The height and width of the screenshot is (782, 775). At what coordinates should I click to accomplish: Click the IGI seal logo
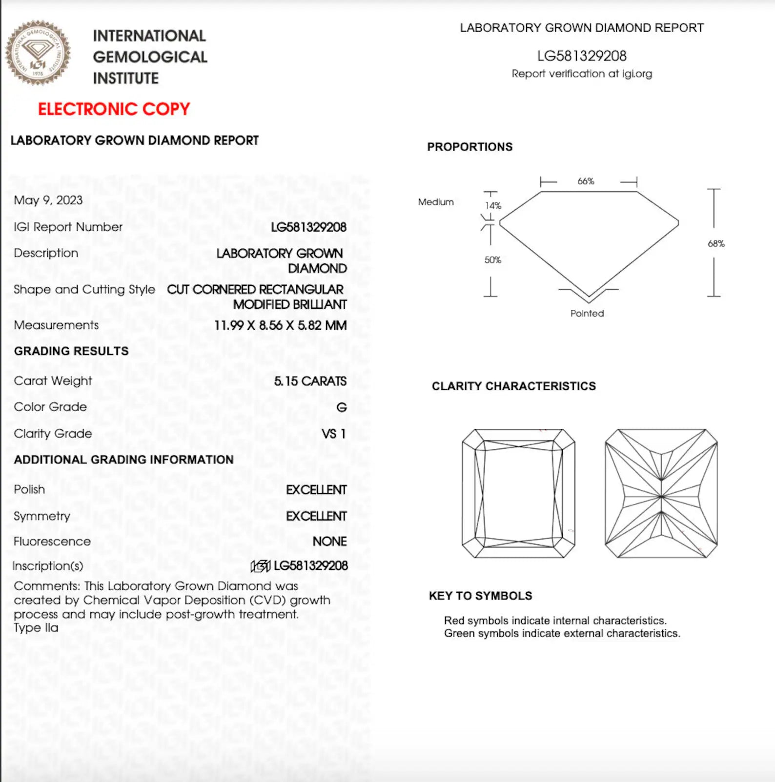38,53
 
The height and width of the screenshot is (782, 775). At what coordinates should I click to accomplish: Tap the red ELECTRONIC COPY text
114,109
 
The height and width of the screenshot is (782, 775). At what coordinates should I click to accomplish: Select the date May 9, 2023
48,200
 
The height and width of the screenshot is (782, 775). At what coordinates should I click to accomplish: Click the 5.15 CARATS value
310,381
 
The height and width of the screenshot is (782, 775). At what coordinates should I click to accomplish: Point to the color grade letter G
341,407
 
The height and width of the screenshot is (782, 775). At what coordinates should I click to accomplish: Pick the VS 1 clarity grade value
334,434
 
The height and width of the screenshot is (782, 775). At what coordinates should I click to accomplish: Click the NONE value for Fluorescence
329,541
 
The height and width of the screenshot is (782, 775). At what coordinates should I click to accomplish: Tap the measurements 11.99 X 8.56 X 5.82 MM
280,325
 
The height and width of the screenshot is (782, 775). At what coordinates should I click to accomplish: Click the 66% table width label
586,181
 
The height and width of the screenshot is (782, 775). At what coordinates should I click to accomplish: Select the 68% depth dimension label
716,243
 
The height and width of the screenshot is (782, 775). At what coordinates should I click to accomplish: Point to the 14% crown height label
493,206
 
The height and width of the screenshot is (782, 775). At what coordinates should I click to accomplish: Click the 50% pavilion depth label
492,260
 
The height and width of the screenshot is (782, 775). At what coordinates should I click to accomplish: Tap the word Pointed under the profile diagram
587,313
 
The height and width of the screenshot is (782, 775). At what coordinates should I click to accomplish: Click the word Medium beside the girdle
436,202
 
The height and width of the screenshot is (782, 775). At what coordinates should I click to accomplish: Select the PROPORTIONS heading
469,147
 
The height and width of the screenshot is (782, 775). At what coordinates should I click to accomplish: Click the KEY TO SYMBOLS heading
480,596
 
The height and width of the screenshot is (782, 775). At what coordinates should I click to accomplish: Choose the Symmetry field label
42,516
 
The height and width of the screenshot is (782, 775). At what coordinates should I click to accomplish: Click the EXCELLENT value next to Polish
316,490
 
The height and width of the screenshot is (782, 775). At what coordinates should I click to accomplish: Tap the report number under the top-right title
582,56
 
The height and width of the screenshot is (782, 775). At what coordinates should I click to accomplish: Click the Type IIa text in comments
36,628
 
